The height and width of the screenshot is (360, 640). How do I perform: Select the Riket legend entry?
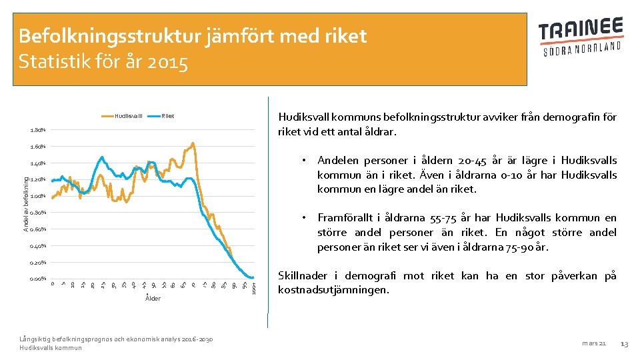tap(167, 116)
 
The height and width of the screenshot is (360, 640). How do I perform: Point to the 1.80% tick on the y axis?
tap(38, 130)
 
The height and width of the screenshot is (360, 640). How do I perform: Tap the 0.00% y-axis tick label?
tap(38, 279)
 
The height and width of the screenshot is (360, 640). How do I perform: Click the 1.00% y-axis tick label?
tap(38, 196)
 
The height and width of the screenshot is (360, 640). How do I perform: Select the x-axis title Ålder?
tap(153, 298)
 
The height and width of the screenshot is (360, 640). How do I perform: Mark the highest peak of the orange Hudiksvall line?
tap(193, 143)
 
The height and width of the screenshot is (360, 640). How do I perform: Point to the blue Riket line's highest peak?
tap(102, 157)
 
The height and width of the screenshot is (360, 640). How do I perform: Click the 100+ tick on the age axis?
tap(254, 287)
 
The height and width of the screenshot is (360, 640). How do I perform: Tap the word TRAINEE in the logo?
tap(581, 31)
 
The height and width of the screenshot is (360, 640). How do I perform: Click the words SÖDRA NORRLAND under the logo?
tap(581, 49)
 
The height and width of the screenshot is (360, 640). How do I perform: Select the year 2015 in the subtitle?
tap(171, 63)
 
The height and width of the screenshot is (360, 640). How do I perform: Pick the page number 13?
tap(624, 343)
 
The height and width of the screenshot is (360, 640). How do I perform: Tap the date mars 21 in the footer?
tap(593, 343)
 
